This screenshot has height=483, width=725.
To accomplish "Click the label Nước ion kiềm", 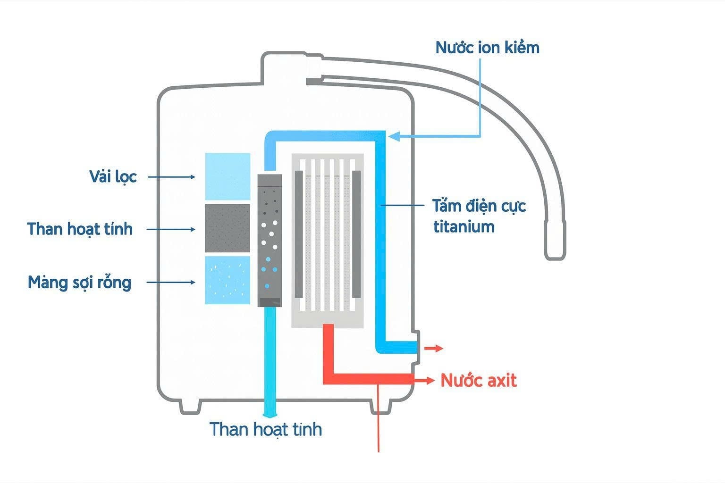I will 487,48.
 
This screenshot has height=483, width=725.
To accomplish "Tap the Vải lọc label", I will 113,176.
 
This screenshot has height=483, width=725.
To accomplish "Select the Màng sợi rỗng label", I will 79,283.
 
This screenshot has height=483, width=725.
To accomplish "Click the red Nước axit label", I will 479,380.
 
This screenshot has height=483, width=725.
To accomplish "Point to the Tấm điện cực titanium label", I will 479,216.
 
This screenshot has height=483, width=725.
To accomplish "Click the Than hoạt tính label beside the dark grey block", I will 80,229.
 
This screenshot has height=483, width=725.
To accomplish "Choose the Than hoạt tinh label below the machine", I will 266,429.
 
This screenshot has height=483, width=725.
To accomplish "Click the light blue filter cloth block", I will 228,176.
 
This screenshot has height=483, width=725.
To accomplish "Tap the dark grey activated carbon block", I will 228,228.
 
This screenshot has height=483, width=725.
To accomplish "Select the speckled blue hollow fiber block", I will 228,280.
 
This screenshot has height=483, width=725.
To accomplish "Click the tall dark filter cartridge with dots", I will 270,241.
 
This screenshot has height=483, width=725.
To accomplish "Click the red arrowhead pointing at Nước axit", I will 430,380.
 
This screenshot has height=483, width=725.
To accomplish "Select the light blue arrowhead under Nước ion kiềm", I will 395,137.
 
